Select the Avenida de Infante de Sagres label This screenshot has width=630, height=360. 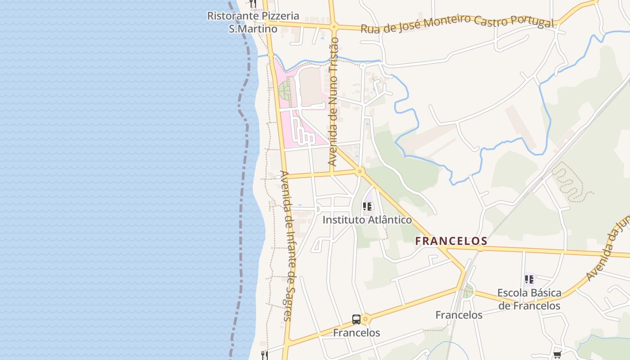click(287, 245)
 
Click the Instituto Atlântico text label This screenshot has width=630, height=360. click(367, 220)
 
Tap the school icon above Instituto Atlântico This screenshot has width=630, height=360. click(367, 207)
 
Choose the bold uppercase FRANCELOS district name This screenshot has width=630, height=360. click(451, 241)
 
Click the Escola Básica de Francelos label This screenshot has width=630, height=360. click(529, 299)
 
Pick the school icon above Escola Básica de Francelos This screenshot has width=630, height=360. click(529, 279)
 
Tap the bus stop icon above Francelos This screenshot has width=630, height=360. click(356, 319)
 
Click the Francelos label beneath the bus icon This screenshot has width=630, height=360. click(356, 333)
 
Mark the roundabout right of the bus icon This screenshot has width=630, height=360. click(365, 319)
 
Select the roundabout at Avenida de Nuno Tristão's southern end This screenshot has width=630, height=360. click(359, 171)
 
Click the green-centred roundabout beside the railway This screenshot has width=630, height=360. click(468, 291)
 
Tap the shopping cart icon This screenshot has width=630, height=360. click(557, 355)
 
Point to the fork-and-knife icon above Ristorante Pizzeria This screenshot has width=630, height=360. click(252, 4)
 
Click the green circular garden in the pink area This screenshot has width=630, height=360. click(285, 90)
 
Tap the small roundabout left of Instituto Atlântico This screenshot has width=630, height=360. click(317, 209)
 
